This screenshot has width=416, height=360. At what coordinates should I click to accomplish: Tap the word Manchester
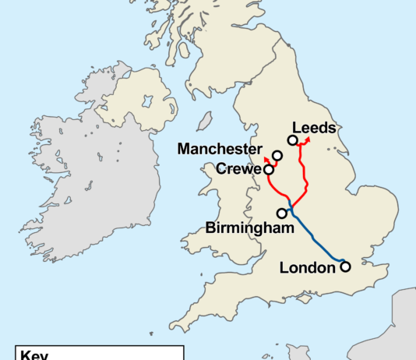pos(219,148)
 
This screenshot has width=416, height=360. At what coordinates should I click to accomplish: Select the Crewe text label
pos(237,169)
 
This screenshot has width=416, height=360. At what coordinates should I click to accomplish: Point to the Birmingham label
pos(250,228)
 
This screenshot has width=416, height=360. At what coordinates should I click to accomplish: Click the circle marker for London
pos(345,266)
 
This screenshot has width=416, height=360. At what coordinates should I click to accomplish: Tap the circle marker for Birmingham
pos(281,213)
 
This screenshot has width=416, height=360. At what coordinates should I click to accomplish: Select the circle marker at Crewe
pos(269,169)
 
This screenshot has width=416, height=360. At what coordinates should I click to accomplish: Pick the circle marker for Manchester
pos(277,156)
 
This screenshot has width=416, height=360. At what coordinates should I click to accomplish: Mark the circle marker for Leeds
pos(292,140)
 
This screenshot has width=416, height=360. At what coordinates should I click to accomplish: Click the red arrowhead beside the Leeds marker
pos(305,139)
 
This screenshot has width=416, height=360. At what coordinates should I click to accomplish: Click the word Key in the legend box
pos(35,355)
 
